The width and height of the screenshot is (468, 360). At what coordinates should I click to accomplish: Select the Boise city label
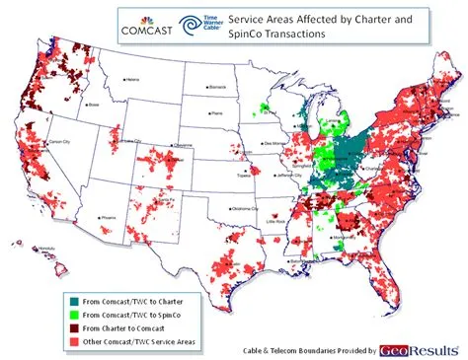[x=96, y=104]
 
